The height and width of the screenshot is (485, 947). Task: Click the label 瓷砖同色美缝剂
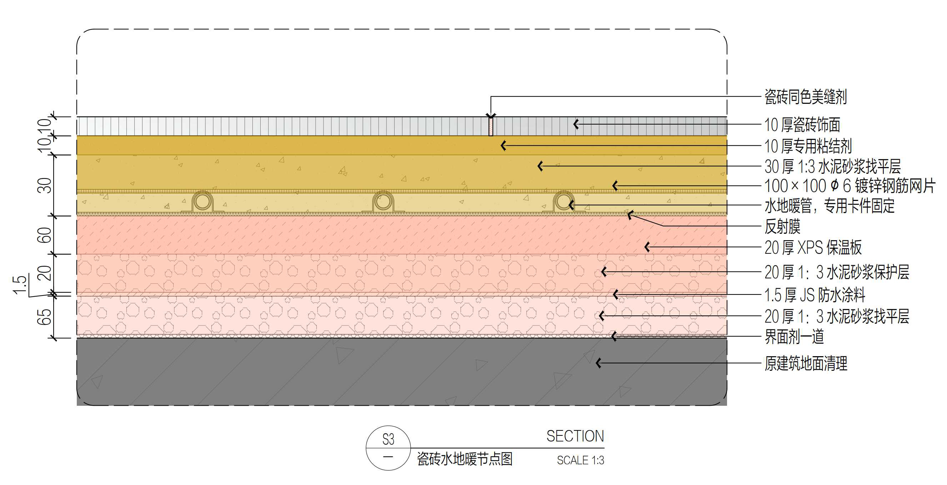(x=806, y=97)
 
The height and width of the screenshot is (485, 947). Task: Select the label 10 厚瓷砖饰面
(x=802, y=125)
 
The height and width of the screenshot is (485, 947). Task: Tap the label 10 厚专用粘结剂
(x=808, y=146)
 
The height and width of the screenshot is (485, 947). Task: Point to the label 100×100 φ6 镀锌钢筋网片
(x=849, y=186)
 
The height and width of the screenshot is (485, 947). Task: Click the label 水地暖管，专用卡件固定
(x=830, y=206)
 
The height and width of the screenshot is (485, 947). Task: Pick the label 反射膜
(x=782, y=226)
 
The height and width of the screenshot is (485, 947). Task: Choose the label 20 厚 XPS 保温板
(x=813, y=248)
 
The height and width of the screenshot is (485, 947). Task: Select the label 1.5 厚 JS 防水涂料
(x=815, y=295)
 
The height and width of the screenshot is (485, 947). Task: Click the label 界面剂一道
(x=794, y=337)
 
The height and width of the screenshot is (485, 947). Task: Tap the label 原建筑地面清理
(x=806, y=364)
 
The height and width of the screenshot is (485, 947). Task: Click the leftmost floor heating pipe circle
(x=202, y=201)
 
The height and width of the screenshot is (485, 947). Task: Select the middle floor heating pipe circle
(x=383, y=201)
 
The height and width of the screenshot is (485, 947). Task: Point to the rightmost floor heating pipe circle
(x=563, y=201)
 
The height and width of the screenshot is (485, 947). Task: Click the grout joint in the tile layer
(x=491, y=126)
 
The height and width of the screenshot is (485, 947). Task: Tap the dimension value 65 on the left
(x=45, y=317)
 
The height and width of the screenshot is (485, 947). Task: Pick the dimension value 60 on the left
(x=45, y=235)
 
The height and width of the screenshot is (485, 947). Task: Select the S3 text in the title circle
(x=388, y=439)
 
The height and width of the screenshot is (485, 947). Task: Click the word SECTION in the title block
(x=575, y=436)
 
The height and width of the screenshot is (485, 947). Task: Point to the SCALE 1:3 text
(x=581, y=460)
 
